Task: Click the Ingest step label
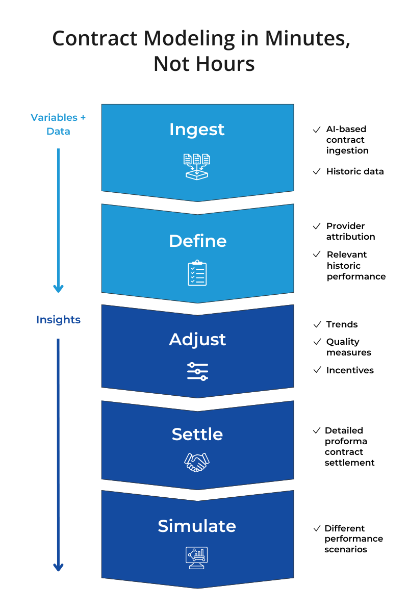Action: (x=197, y=130)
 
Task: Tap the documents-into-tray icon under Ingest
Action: (x=197, y=166)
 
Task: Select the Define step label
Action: (x=197, y=241)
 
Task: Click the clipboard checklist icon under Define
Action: (x=197, y=273)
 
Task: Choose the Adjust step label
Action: (x=197, y=340)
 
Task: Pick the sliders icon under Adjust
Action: (x=197, y=371)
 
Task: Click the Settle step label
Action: (x=197, y=435)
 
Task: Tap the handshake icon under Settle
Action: (x=197, y=462)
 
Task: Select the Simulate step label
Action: (x=197, y=526)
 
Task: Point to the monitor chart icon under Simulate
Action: (x=197, y=556)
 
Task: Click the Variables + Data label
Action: (x=58, y=124)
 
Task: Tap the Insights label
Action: (x=58, y=320)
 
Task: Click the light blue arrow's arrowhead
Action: (x=58, y=288)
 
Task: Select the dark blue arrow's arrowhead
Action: (x=58, y=567)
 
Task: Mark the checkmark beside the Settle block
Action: (x=317, y=430)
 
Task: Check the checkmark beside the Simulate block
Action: (x=317, y=528)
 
